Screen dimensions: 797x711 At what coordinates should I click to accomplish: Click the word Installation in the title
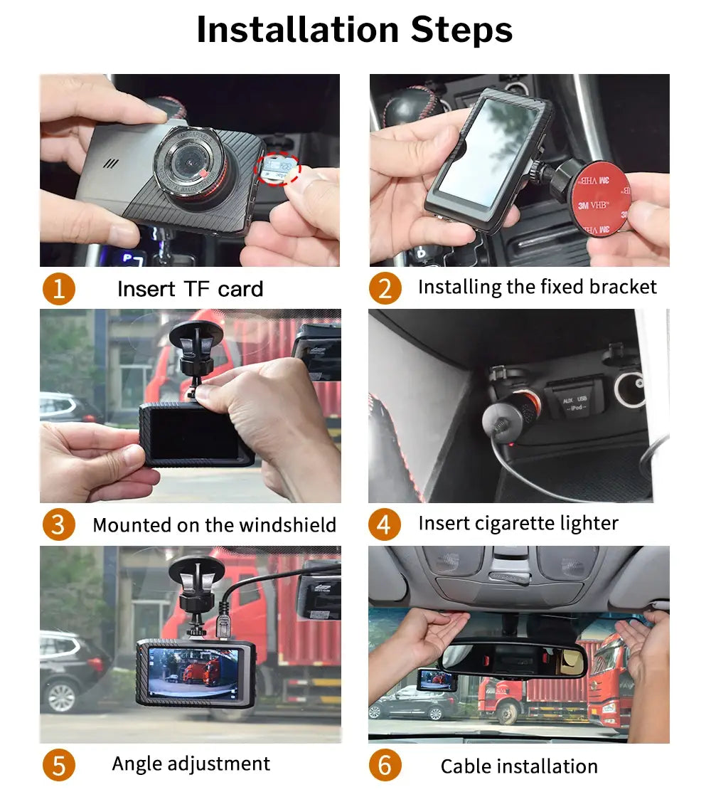pos(297,30)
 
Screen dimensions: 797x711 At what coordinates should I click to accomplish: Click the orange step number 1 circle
pos(58,289)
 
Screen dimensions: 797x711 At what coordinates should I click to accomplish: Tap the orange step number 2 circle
pos(385,288)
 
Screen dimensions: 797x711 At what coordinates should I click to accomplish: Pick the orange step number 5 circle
pos(58,766)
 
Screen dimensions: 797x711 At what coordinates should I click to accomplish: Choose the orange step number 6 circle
pos(385,766)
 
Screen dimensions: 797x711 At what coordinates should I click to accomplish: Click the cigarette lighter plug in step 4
pos(510,417)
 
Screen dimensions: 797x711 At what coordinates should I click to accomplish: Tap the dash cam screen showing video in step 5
pos(193,674)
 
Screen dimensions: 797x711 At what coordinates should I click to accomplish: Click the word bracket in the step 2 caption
pos(624,287)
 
